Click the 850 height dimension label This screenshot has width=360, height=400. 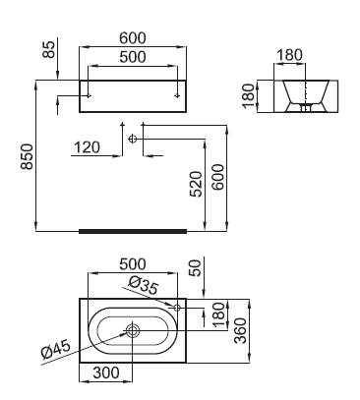[27, 156]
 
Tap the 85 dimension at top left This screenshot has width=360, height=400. [49, 49]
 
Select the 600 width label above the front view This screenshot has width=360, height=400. [133, 38]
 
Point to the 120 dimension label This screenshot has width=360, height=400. [87, 147]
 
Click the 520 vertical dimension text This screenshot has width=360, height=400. [197, 184]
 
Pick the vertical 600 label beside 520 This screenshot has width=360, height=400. [218, 177]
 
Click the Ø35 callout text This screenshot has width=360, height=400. [144, 285]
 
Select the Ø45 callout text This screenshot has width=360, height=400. [56, 349]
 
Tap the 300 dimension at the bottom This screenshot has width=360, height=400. [106, 372]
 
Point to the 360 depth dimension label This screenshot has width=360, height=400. [241, 330]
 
